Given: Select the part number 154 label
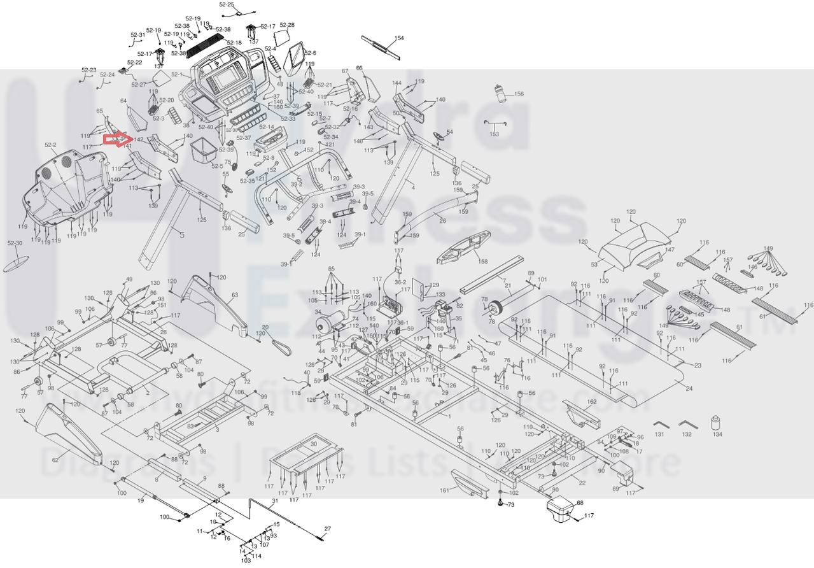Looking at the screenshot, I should tap(399, 38).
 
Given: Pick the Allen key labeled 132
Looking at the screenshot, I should tap(687, 424).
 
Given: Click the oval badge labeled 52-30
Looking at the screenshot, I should tap(16, 262).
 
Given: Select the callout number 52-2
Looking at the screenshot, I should tap(51, 145).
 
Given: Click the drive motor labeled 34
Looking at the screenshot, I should tap(329, 323).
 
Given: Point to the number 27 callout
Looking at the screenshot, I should tap(328, 529).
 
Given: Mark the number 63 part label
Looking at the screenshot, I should tap(235, 295).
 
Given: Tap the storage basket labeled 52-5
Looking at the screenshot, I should tap(206, 151).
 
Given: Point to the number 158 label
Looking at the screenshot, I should tap(483, 262).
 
